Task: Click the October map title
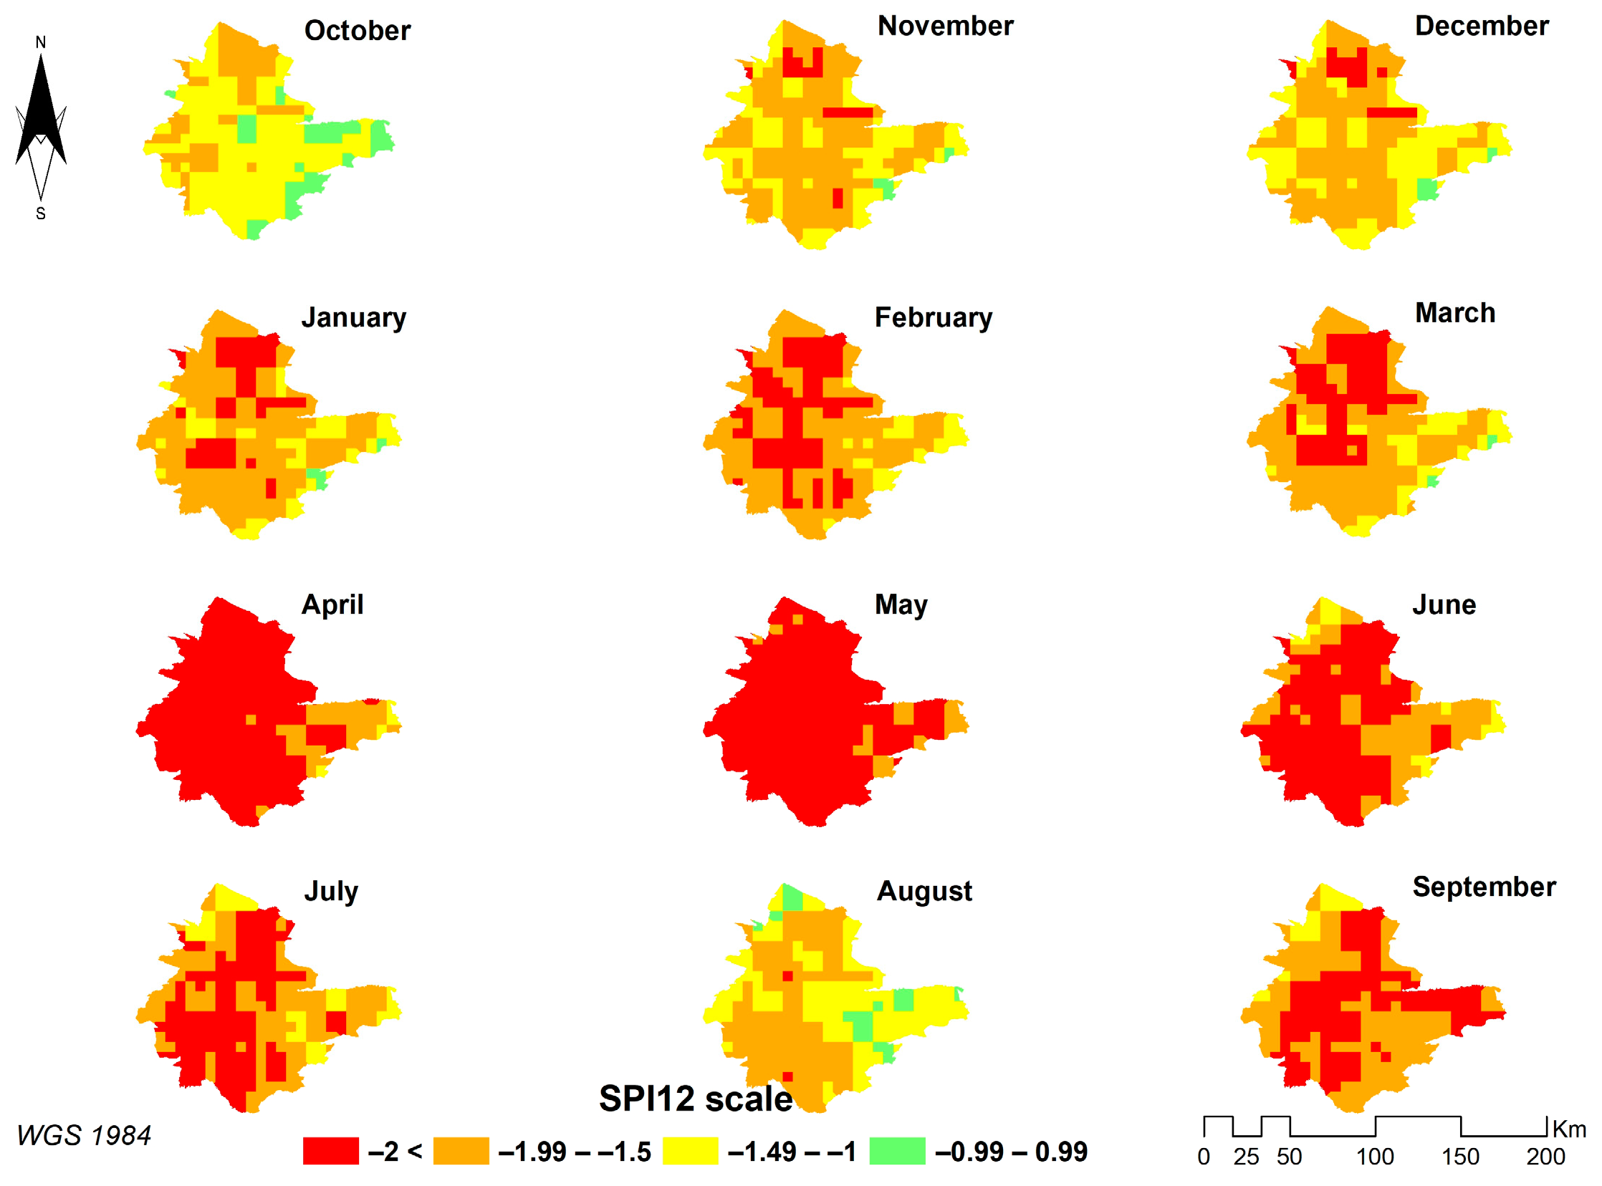[x=357, y=30]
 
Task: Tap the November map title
[x=945, y=26]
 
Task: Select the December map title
[x=1482, y=26]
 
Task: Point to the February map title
[x=933, y=317]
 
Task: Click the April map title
[x=332, y=604]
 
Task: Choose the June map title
[x=1444, y=604]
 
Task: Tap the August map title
[x=924, y=891]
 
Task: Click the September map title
[x=1484, y=887]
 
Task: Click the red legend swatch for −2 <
[x=330, y=1151]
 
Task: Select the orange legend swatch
[x=460, y=1151]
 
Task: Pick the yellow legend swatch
[x=689, y=1151]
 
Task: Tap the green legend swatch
[x=897, y=1151]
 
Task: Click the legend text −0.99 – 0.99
[x=1011, y=1152]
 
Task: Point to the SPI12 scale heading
[x=695, y=1099]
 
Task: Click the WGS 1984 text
[x=83, y=1136]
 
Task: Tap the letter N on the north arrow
[x=41, y=42]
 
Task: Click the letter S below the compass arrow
[x=41, y=214]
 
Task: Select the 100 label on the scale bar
[x=1374, y=1157]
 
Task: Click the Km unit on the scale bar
[x=1569, y=1129]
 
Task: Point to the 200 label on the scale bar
[x=1545, y=1157]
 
